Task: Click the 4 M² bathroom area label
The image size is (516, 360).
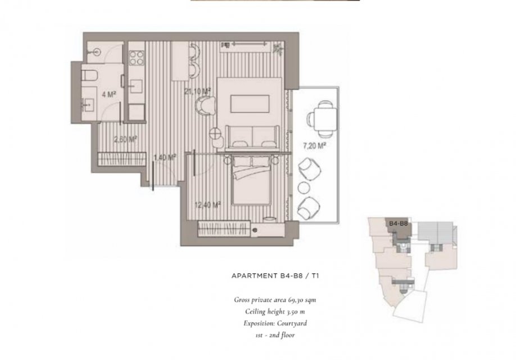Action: point(108,94)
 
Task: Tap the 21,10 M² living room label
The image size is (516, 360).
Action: point(198,91)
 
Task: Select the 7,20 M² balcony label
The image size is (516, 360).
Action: point(315,145)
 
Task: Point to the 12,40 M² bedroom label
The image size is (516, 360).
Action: point(207,205)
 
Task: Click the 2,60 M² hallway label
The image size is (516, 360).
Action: point(125,139)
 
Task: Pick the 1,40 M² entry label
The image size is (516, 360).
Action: point(165,157)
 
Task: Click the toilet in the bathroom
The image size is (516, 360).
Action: point(89,75)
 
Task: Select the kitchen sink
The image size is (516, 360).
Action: point(135,87)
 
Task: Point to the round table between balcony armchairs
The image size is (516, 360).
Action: point(304,188)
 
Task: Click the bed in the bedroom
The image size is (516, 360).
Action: point(251,181)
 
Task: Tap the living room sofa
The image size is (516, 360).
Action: point(252,137)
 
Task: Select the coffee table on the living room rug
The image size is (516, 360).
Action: point(250,103)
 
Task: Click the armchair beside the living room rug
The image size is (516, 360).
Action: point(206,106)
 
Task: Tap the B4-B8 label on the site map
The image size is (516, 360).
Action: point(398,223)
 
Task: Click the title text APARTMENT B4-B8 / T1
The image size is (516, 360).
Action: point(275,276)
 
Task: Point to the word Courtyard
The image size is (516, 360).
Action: point(292,323)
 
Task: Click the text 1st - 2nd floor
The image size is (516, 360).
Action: point(275,335)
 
